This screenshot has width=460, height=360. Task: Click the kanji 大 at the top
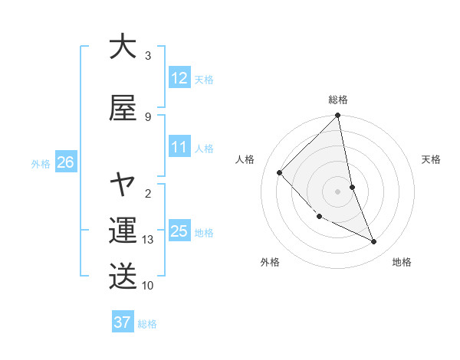point(123,46)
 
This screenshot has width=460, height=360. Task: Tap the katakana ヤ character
point(123,185)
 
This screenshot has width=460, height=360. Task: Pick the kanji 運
point(123,229)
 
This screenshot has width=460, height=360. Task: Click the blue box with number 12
point(179,78)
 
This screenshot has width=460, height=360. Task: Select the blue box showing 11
point(179,147)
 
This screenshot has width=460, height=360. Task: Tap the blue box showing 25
point(179,231)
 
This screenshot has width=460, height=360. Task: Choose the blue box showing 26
point(65,162)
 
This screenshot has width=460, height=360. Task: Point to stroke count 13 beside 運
point(148,240)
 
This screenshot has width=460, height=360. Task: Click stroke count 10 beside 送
point(148,285)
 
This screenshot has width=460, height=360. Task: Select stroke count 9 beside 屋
point(148,116)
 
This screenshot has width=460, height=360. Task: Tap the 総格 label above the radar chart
point(338,100)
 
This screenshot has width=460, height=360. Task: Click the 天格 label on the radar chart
point(432,159)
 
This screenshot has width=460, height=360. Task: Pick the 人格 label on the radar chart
point(245,159)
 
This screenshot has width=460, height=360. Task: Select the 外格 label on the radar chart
point(270,262)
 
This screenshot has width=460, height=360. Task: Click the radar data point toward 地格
point(374,242)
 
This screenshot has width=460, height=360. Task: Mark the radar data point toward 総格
point(338,116)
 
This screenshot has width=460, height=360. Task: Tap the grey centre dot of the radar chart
point(338,191)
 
